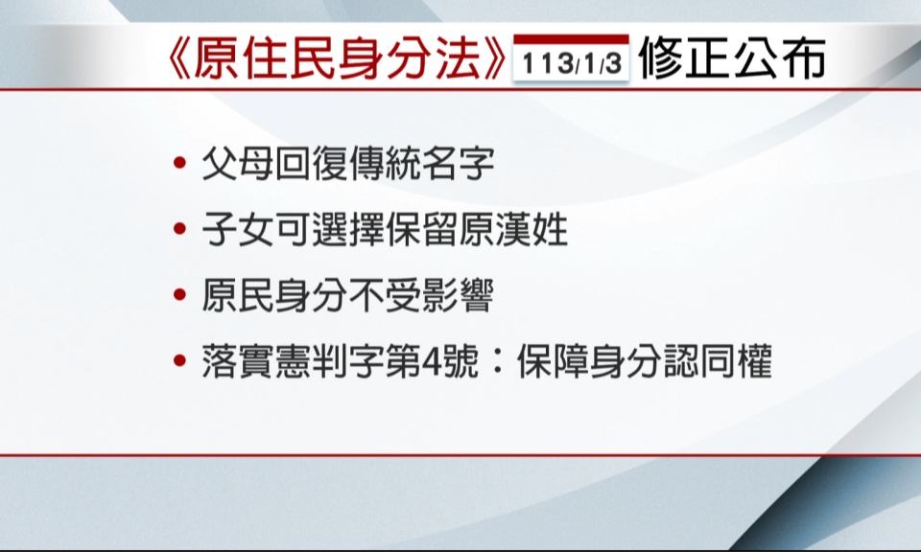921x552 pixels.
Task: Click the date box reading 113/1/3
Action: [x=571, y=62]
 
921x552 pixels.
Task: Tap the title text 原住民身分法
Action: [x=337, y=58]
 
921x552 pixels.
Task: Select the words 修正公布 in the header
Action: [x=732, y=58]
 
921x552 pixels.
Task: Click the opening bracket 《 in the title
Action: [x=178, y=58]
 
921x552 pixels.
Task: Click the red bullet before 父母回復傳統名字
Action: [x=180, y=163]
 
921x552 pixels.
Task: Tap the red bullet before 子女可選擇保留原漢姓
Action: [x=180, y=229]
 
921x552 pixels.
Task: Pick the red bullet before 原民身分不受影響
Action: [x=180, y=295]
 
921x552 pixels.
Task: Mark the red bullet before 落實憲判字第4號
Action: [x=180, y=360]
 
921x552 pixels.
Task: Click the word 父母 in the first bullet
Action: [x=238, y=163]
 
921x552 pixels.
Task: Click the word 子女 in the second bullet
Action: [x=238, y=229]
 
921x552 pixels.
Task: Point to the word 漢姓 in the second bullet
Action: [x=531, y=229]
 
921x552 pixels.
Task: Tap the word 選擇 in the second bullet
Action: [x=347, y=229]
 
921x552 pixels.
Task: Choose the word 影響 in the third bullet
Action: [x=458, y=295]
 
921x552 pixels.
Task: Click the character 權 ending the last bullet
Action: [x=754, y=360]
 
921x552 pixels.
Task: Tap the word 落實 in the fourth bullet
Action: [x=238, y=360]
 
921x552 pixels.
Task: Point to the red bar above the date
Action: [x=571, y=40]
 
